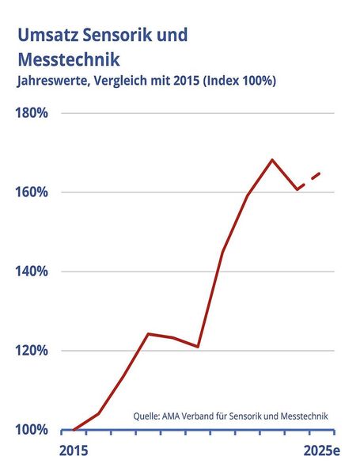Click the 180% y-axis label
(x=32, y=113)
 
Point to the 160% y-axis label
(x=32, y=192)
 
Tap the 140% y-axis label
(x=32, y=272)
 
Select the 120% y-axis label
(x=32, y=351)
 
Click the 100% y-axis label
(x=32, y=430)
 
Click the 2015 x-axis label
(x=73, y=450)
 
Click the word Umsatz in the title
(x=45, y=35)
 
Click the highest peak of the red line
(x=272, y=160)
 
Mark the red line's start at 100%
(x=74, y=430)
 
